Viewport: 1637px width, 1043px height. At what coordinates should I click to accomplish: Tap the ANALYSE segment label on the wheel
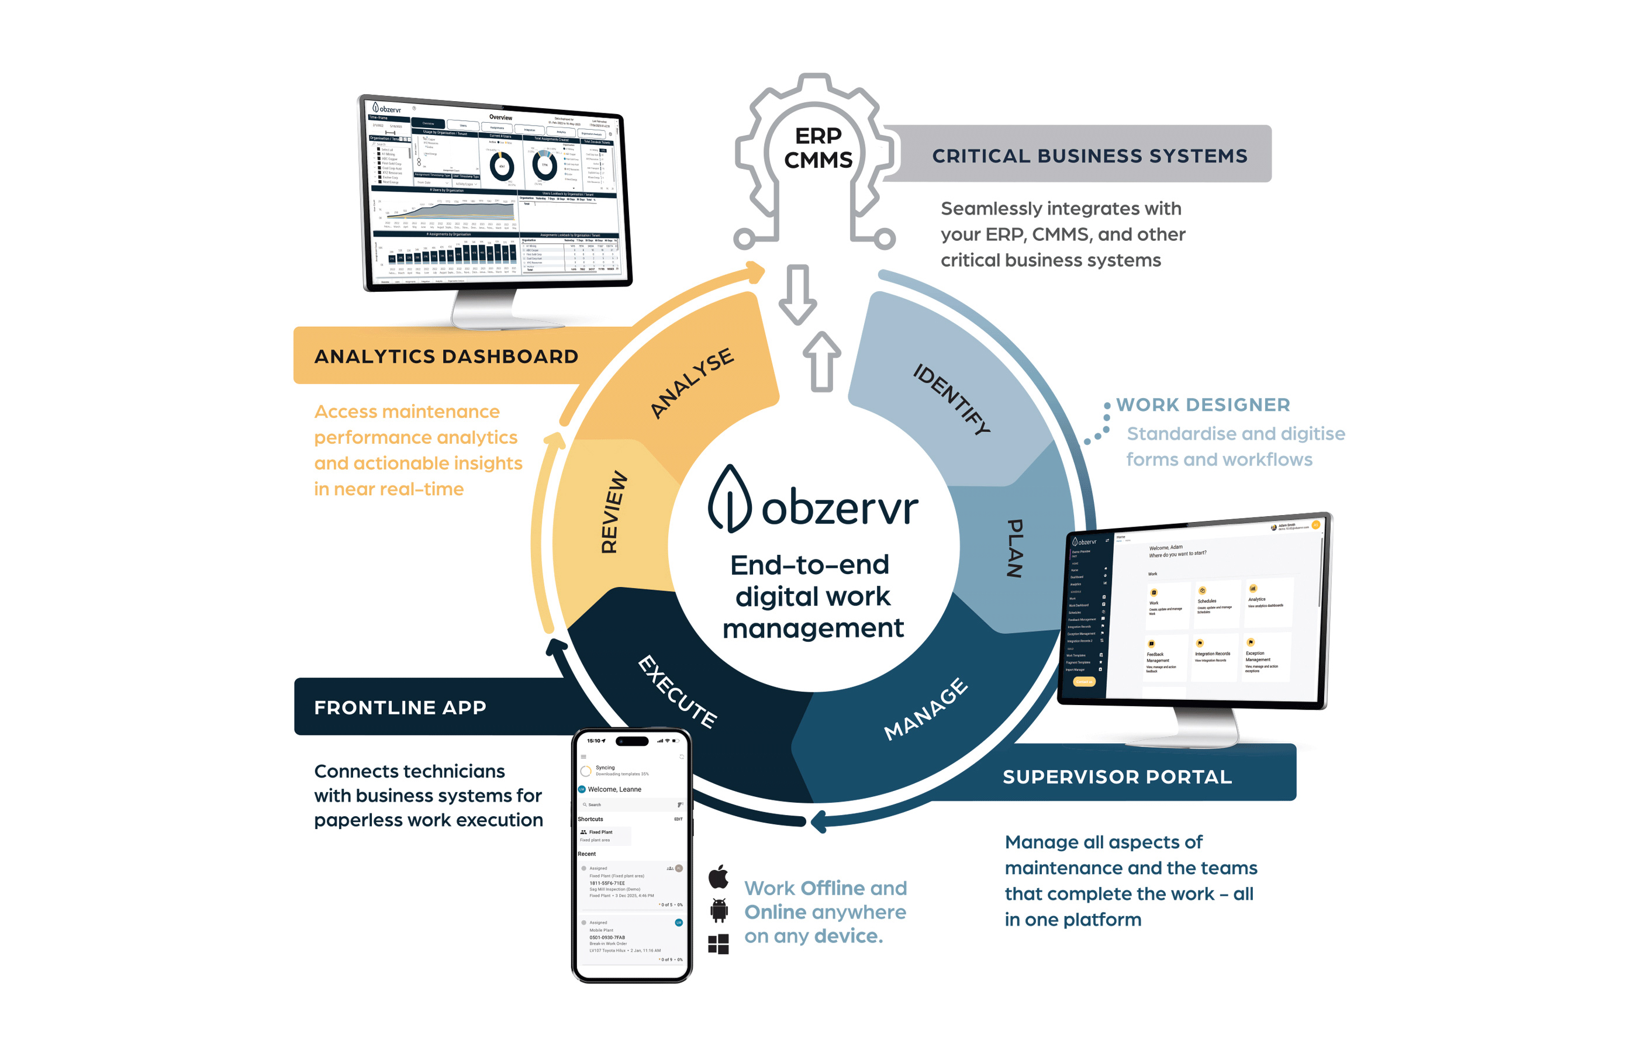tap(692, 382)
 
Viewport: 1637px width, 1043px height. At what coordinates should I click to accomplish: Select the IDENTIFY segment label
tap(951, 399)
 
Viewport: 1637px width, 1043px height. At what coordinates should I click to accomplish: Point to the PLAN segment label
tap(1014, 548)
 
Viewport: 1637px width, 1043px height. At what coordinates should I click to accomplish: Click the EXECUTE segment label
tap(677, 692)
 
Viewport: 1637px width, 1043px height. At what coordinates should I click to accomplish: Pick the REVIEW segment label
tap(613, 512)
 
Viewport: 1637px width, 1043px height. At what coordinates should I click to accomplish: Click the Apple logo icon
tap(719, 876)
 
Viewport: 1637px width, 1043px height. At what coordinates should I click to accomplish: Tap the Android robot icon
tap(719, 910)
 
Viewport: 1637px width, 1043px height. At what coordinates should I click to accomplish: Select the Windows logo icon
tap(718, 944)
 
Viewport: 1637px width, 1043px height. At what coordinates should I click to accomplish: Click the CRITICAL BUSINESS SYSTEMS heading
tap(1089, 156)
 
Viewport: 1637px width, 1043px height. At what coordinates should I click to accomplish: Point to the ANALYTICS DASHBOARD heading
tap(446, 356)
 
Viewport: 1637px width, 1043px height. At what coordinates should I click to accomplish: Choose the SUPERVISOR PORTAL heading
tap(1117, 776)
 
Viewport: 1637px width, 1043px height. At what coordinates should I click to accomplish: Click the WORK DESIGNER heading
tap(1203, 405)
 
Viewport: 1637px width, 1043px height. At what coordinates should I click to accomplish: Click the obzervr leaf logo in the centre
tap(730, 498)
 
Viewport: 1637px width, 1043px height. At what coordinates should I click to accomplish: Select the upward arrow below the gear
tap(821, 361)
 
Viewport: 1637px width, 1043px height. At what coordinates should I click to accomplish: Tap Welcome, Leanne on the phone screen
tap(614, 789)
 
